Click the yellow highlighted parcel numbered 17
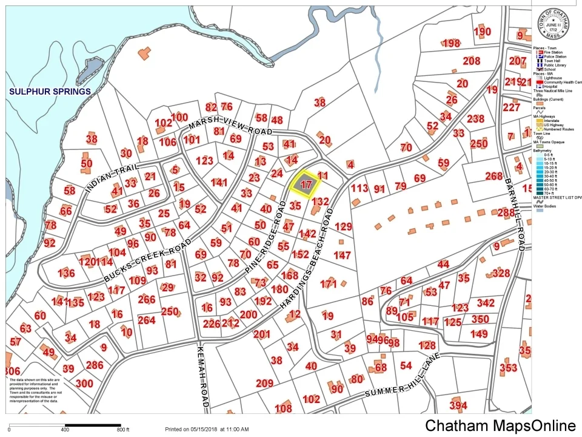pyautogui.click(x=306, y=184)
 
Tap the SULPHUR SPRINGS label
pyautogui.click(x=50, y=92)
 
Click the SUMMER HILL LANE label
pyautogui.click(x=401, y=384)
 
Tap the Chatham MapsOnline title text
pyautogui.click(x=500, y=425)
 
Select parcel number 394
pyautogui.click(x=458, y=405)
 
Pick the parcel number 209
pyautogui.click(x=264, y=383)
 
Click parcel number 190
pyautogui.click(x=482, y=32)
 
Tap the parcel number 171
pyautogui.click(x=328, y=283)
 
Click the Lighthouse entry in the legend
pyautogui.click(x=552, y=78)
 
